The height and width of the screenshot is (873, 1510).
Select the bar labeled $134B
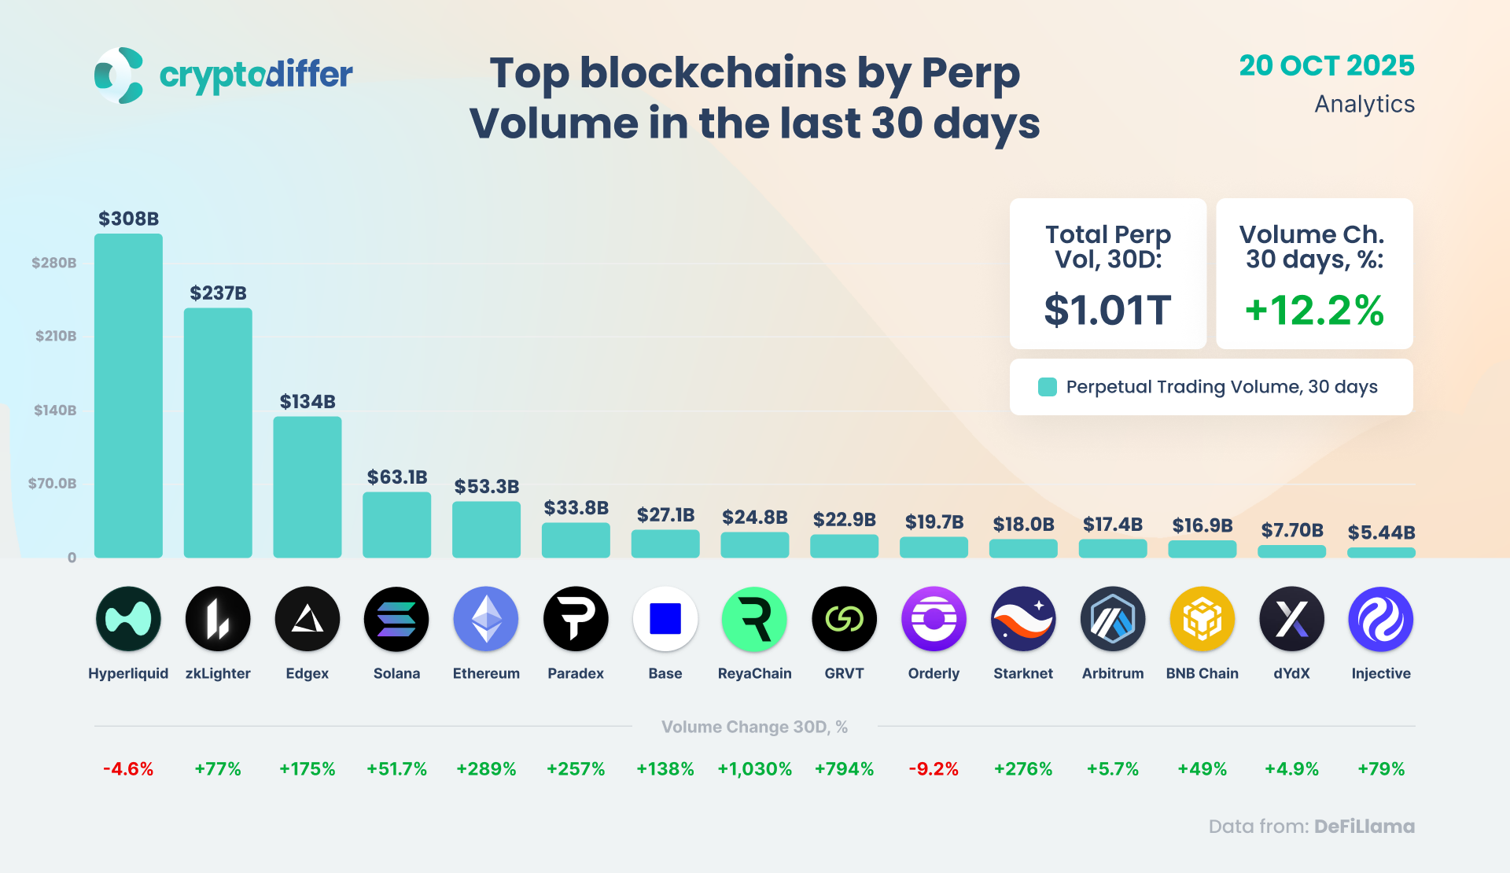point(308,487)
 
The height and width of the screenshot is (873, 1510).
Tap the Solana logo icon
point(396,619)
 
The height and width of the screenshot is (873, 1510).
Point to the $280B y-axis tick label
point(54,263)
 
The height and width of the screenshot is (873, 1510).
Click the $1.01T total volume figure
point(1107,310)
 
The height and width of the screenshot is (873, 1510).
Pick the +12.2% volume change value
point(1314,310)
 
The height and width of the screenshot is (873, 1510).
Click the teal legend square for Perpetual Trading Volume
point(1048,387)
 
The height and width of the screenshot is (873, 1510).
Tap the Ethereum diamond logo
point(486,619)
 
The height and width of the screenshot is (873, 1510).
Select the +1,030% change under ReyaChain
point(754,769)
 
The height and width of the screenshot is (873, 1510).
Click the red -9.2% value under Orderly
point(934,769)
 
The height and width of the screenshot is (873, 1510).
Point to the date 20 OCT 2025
point(1327,65)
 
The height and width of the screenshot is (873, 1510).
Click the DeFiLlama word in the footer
point(1364,827)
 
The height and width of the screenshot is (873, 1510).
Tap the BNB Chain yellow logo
point(1202,619)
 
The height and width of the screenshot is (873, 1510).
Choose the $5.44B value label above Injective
point(1381,532)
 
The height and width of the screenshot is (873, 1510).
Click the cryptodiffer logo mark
point(119,76)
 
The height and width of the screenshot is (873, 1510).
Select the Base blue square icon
point(665,619)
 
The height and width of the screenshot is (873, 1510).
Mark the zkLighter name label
point(218,673)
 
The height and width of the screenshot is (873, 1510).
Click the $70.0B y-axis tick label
point(53,484)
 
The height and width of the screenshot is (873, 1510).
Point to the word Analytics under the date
point(1365,104)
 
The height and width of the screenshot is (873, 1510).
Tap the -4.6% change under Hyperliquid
point(128,769)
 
